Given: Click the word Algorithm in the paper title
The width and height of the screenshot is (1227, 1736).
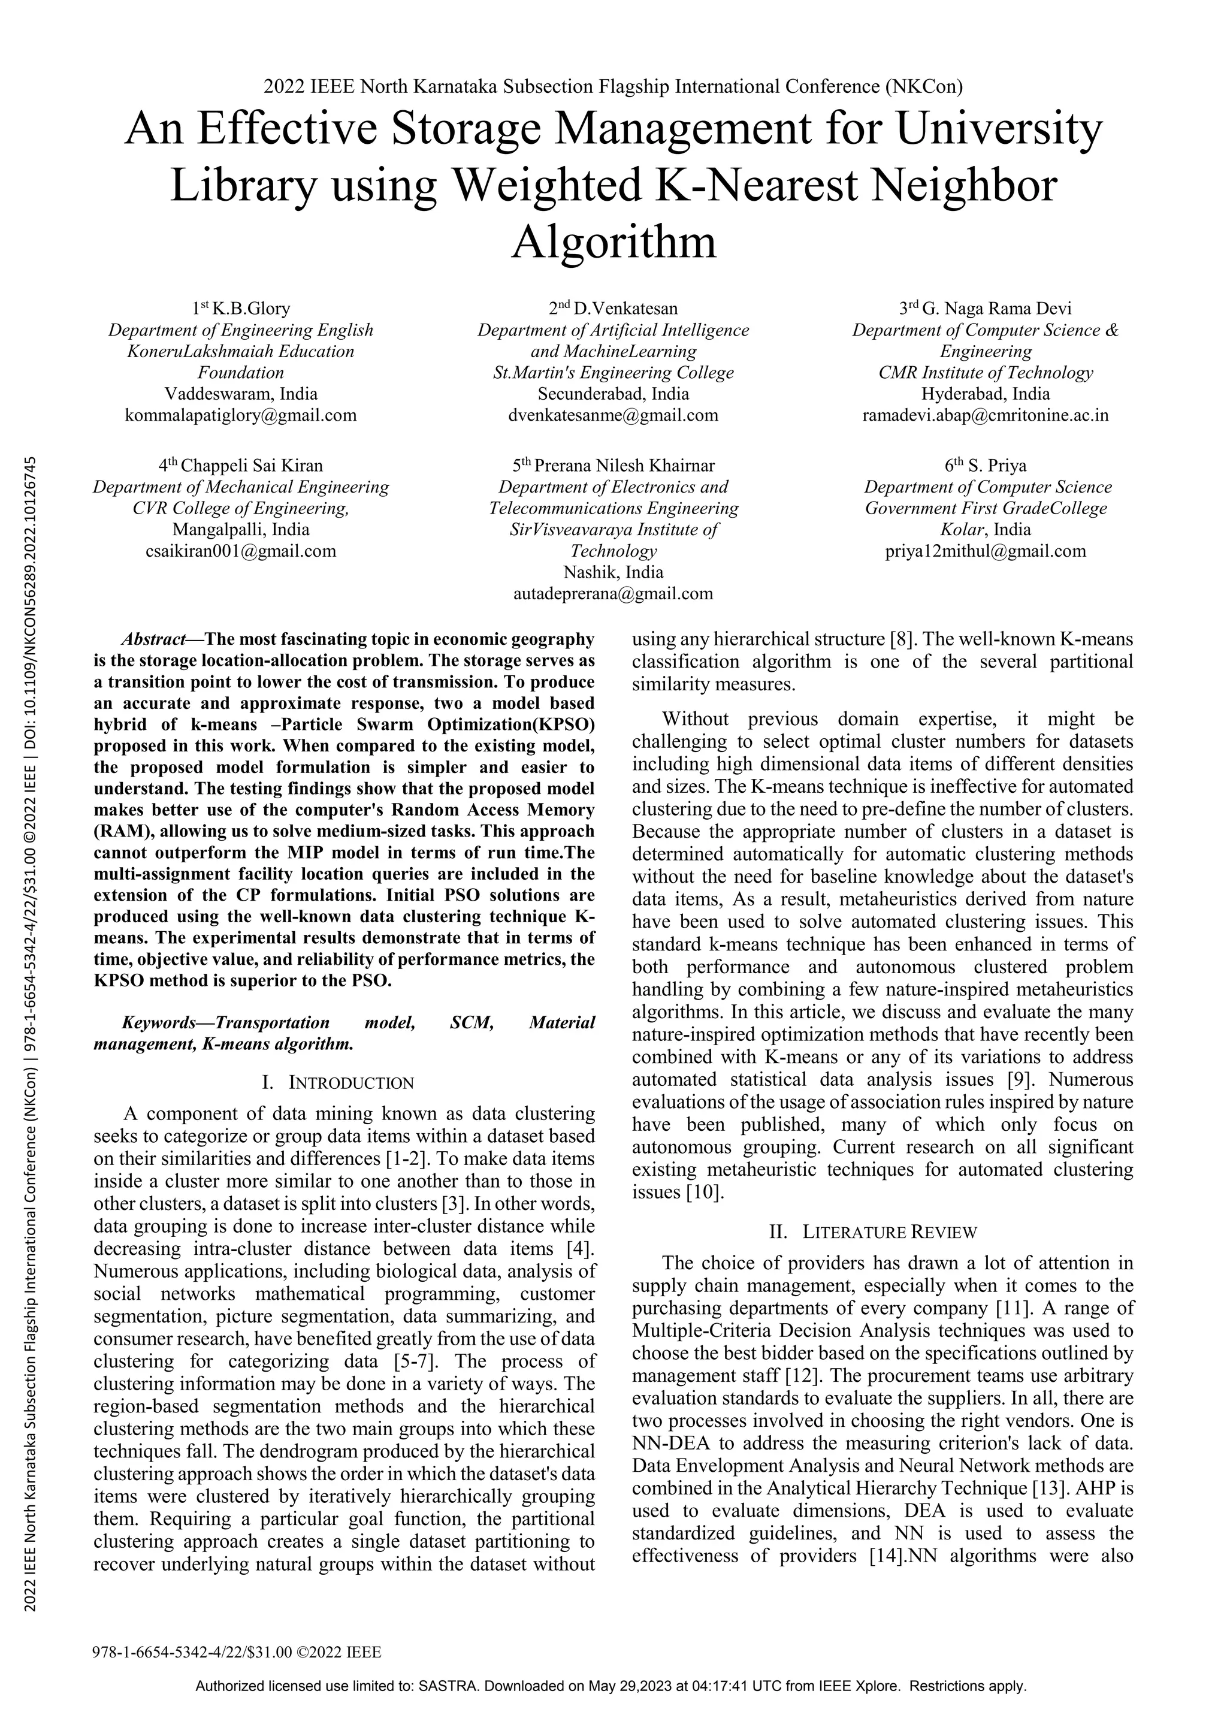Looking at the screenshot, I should point(613,242).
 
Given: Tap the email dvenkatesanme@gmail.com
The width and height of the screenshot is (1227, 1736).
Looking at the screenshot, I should point(613,415).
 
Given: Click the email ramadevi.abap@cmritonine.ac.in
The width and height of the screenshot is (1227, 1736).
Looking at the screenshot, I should point(985,415).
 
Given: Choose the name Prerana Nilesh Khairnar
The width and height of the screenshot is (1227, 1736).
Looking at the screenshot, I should point(624,466).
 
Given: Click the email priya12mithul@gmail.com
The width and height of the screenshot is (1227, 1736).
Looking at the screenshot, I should point(985,551).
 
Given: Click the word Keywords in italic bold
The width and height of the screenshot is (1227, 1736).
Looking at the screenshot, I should point(158,1023).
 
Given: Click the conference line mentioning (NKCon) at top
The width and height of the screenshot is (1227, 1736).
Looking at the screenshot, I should point(613,87).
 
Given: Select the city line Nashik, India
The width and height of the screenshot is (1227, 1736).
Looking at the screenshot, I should point(613,572).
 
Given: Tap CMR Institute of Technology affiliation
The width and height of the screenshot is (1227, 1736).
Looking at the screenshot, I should point(985,373).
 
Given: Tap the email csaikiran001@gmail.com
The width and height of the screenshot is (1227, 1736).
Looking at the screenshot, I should point(240,551).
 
